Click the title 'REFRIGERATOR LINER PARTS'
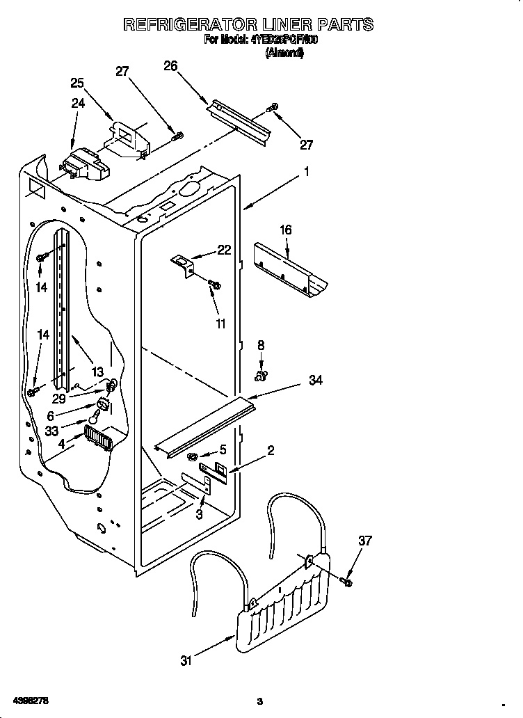pos(248,24)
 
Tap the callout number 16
pos(286,230)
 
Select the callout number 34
pos(315,381)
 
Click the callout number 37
pos(365,541)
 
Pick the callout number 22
pos(224,250)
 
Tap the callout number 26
pos(170,66)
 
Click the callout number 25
pos(77,83)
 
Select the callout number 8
pos(261,344)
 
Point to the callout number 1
pos(305,171)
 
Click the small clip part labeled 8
pos(261,376)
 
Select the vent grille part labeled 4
pos(98,440)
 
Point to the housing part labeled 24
pos(83,166)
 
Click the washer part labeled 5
pos(191,456)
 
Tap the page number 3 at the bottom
pos(259,700)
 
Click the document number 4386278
pos(30,699)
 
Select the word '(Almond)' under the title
pos(284,53)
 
